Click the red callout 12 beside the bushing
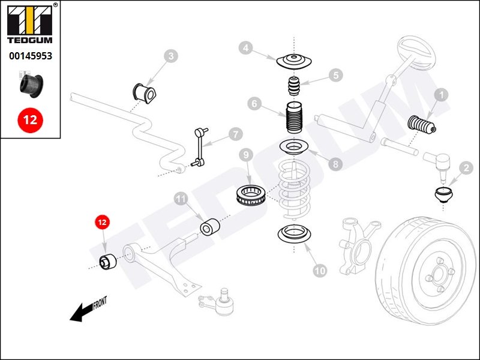[102, 223]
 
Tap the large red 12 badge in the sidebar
[30, 119]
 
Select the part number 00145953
[30, 56]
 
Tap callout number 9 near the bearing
[245, 156]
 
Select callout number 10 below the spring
[320, 271]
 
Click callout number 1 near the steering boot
[442, 95]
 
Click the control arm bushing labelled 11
[209, 229]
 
